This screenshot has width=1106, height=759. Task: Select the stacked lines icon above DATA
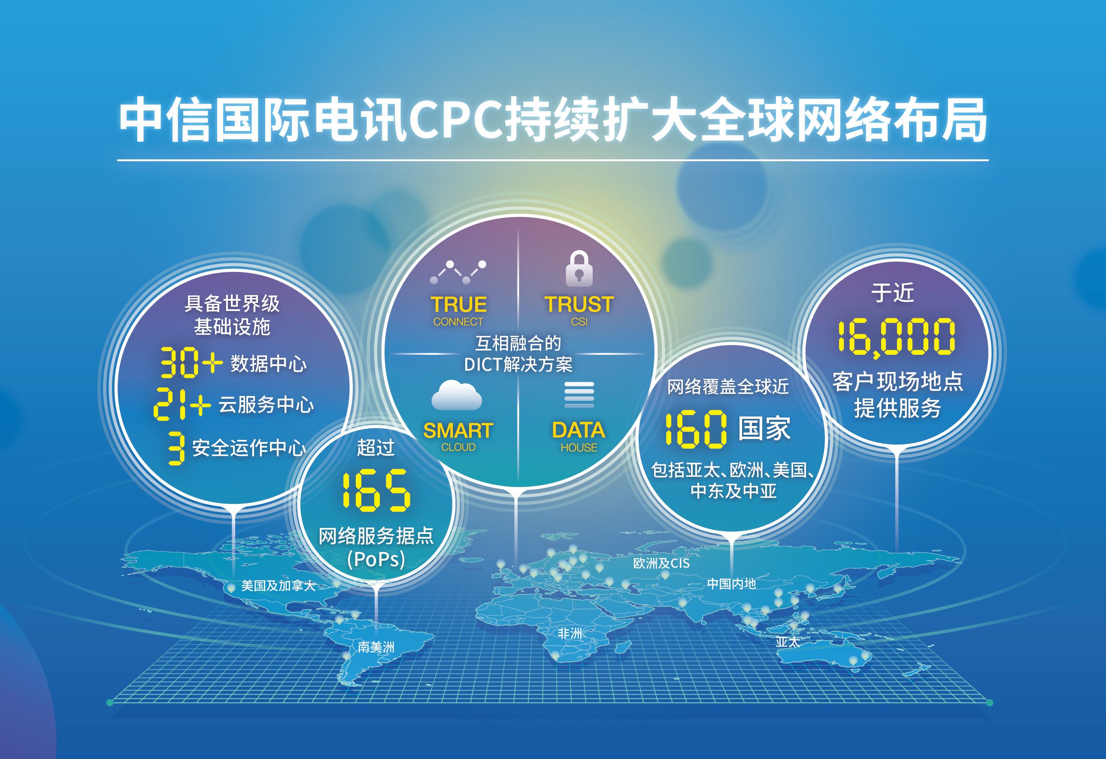[x=579, y=395]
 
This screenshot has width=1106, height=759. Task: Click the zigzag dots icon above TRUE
[x=458, y=272]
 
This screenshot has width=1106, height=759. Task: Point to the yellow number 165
[x=376, y=491]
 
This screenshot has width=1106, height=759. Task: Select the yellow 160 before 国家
[x=695, y=429]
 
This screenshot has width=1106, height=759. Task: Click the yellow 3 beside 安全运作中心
[x=176, y=448]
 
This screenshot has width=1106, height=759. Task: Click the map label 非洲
[x=570, y=634]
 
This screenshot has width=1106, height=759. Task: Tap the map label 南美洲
[x=376, y=647]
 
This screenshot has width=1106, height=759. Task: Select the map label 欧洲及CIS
[x=661, y=563]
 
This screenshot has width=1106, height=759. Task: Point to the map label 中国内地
[x=731, y=584]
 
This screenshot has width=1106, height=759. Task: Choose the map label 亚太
[x=787, y=641]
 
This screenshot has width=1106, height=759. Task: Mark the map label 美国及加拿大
[x=278, y=585]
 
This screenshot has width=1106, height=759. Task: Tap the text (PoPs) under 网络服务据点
[x=376, y=560]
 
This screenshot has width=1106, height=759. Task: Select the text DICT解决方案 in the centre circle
[x=518, y=365]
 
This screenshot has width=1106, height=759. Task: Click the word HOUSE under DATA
[x=578, y=448]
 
